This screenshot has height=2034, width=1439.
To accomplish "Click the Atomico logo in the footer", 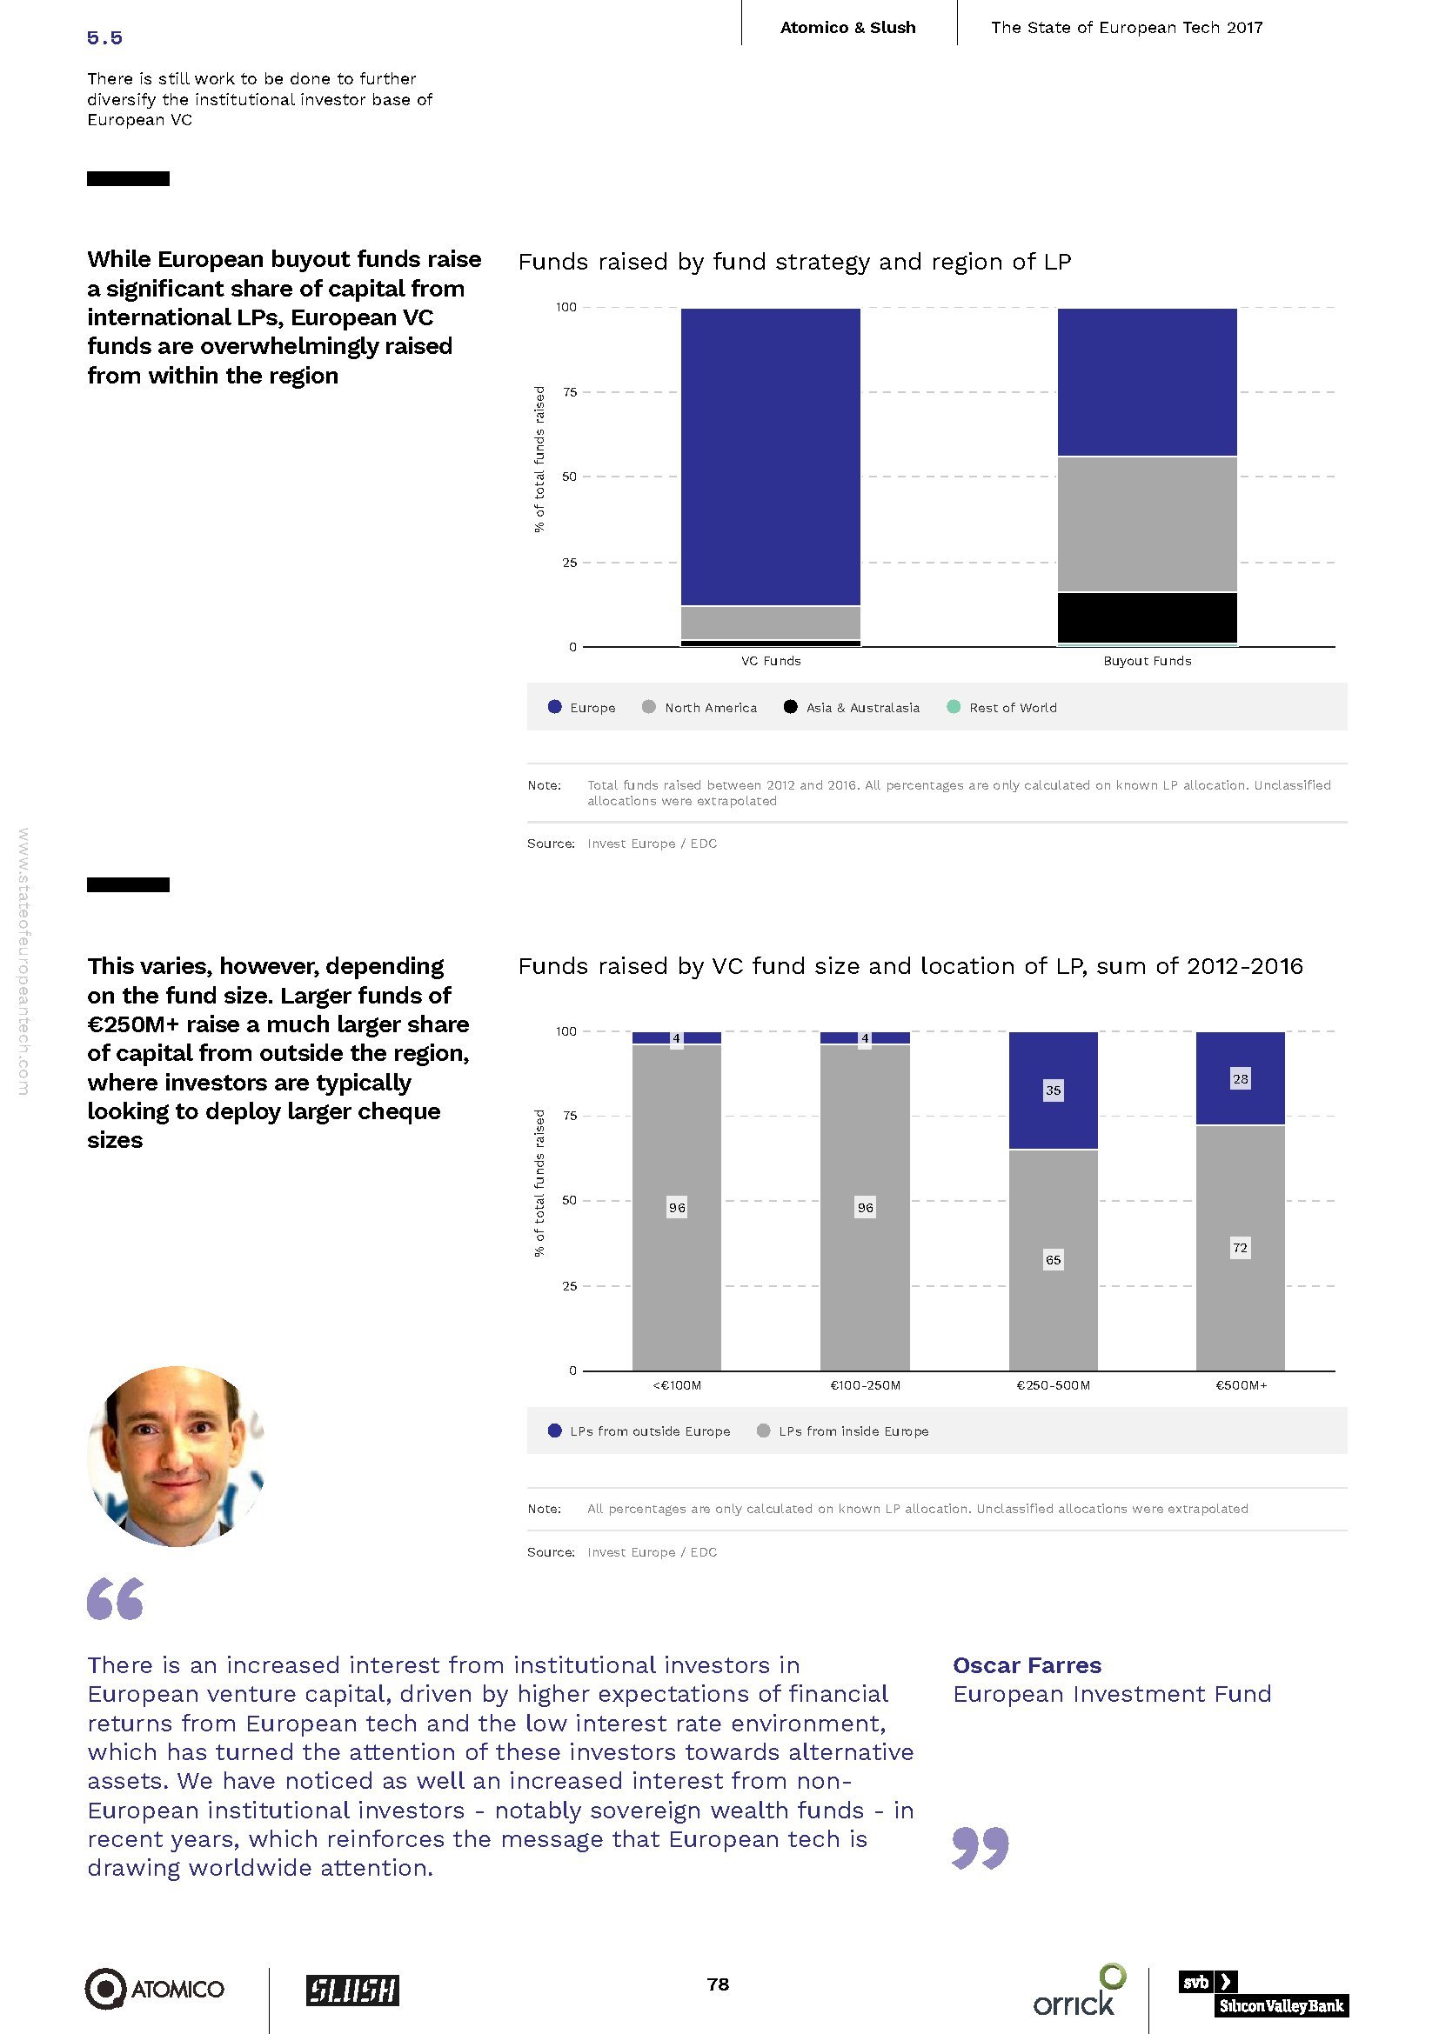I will tap(154, 1989).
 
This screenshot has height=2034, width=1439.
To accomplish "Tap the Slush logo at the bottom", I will tap(351, 1990).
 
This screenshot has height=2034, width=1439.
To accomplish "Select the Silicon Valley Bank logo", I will tap(1262, 1993).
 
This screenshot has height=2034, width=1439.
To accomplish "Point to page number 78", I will tap(718, 1984).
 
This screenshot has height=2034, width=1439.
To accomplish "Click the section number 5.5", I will tap(104, 37).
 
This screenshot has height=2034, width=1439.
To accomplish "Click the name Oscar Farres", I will tap(1027, 1664).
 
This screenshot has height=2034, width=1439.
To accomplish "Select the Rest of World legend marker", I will tap(954, 707).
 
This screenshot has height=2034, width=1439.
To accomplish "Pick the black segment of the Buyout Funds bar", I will tap(1147, 617).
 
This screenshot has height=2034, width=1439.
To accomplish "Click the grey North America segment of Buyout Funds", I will tap(1147, 524).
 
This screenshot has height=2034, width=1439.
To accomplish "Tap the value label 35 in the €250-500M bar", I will tap(1053, 1090).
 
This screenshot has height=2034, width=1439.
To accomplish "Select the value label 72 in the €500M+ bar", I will tap(1240, 1247).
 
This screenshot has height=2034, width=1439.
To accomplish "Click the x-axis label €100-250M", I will tap(865, 1385).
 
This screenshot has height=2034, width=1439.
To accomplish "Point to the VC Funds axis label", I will tap(770, 661).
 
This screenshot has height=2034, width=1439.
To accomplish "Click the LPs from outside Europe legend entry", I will tap(650, 1430).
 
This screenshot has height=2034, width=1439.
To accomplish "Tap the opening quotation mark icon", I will tap(115, 1599).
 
